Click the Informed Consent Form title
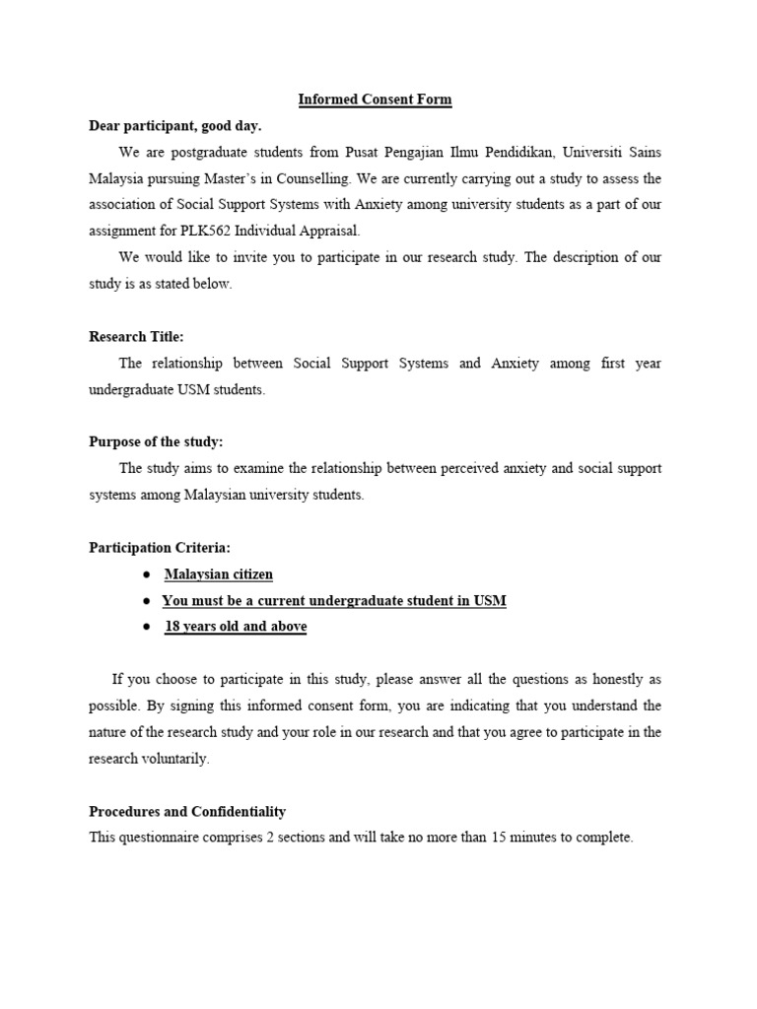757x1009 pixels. [376, 100]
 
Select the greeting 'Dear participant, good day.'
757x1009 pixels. [175, 126]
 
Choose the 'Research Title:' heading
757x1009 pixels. [136, 337]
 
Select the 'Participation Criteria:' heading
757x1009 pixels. [160, 548]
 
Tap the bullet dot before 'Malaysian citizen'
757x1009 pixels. [145, 574]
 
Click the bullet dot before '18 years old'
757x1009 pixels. [145, 627]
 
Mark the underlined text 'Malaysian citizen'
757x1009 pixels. [219, 574]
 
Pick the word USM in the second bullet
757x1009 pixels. [489, 600]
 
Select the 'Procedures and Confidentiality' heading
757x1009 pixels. [187, 812]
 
